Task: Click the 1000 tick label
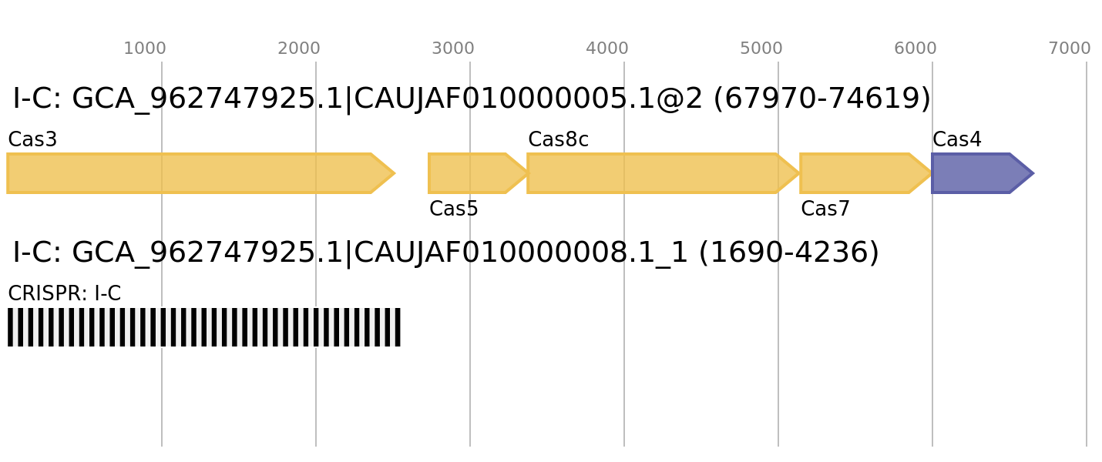tap(145, 49)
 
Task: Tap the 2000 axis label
tap(299, 49)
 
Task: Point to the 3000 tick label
tap(453, 49)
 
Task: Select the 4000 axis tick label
tap(607, 49)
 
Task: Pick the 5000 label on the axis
tap(761, 49)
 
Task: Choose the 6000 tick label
tap(916, 49)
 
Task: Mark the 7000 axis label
tap(1070, 49)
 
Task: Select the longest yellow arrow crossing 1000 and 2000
tap(193, 173)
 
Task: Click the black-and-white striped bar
tap(204, 327)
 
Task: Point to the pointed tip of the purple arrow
tap(1033, 173)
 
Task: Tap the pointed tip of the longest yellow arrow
tap(394, 173)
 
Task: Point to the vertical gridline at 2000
tap(316, 400)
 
